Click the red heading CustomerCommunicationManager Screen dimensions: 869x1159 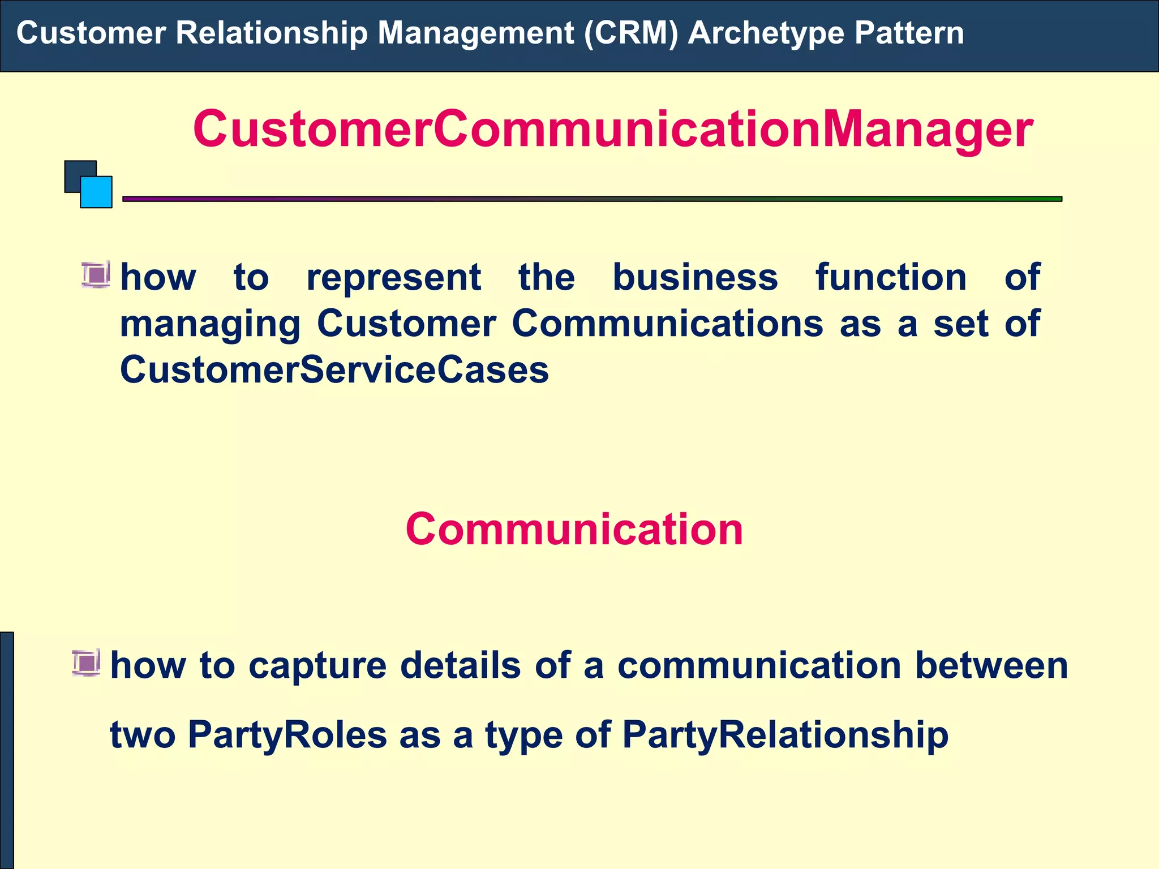click(613, 130)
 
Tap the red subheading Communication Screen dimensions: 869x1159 click(574, 530)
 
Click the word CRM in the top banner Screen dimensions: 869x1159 click(630, 33)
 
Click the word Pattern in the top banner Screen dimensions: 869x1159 click(909, 33)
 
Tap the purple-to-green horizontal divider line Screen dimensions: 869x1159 click(592, 199)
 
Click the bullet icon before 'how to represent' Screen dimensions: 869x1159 click(96, 276)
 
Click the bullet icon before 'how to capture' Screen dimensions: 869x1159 click(86, 663)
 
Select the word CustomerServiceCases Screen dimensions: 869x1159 click(334, 370)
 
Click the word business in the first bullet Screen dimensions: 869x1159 click(695, 278)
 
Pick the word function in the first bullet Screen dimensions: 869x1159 click(891, 278)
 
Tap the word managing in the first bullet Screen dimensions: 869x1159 click(210, 325)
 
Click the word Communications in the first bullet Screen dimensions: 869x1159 click(668, 324)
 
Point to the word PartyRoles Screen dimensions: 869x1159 click(287, 735)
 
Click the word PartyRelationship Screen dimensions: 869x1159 click(785, 735)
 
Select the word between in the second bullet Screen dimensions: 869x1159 click(991, 665)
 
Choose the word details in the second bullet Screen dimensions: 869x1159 click(460, 665)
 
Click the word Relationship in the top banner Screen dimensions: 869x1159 click(272, 33)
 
